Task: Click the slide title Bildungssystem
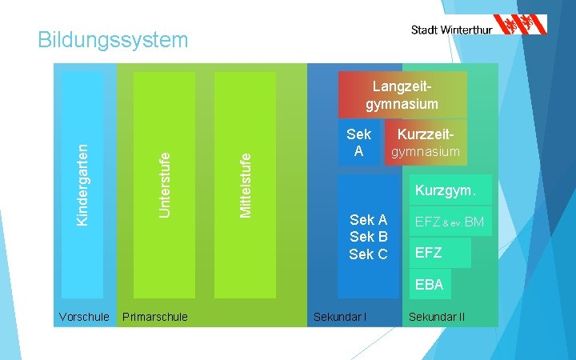[113, 39]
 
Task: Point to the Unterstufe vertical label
[164, 184]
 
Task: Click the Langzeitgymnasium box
[402, 95]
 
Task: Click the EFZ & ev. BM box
[448, 222]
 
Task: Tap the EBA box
[430, 283]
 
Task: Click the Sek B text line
[368, 237]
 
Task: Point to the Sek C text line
[368, 254]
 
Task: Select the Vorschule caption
[84, 317]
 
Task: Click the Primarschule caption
[155, 317]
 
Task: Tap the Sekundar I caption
[340, 317]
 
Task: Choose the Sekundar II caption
[437, 317]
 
